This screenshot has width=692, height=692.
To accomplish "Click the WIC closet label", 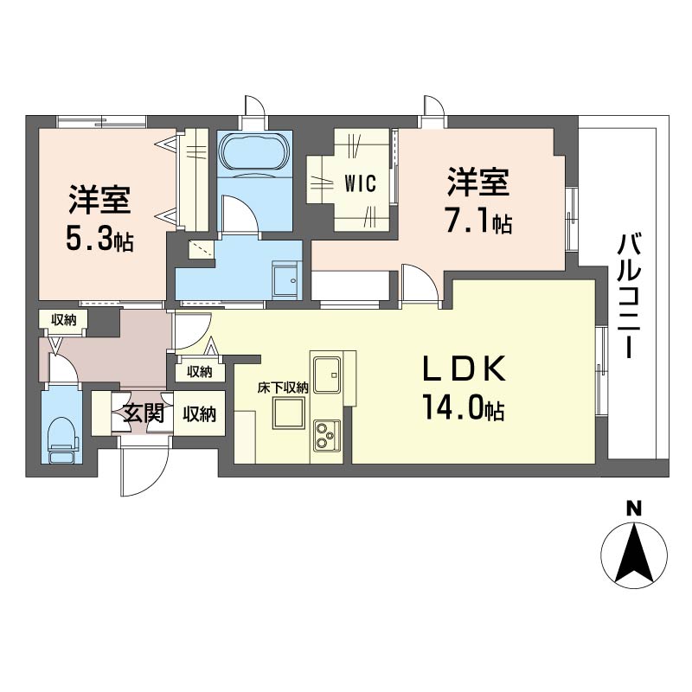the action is tap(360, 183).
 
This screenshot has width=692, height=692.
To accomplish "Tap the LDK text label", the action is tap(465, 368).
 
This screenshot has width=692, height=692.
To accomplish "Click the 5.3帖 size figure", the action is tap(99, 239).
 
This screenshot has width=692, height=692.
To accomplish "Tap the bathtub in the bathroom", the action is tap(254, 151).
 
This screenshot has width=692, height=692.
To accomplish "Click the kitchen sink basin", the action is tap(327, 374).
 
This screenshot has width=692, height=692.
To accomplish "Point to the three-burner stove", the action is tap(327, 435).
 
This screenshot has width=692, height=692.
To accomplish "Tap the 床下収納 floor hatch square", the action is tap(289, 413).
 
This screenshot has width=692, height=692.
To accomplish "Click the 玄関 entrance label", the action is tap(143, 413).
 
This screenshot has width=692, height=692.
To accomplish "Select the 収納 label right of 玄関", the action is tap(200, 414).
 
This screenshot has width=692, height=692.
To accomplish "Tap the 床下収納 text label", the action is tap(283, 388).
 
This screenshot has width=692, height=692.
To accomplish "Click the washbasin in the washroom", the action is tap(286, 279).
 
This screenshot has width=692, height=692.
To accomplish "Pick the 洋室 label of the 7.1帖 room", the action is tap(478, 181).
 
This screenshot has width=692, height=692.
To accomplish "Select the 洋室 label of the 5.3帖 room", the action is tap(99, 200).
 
